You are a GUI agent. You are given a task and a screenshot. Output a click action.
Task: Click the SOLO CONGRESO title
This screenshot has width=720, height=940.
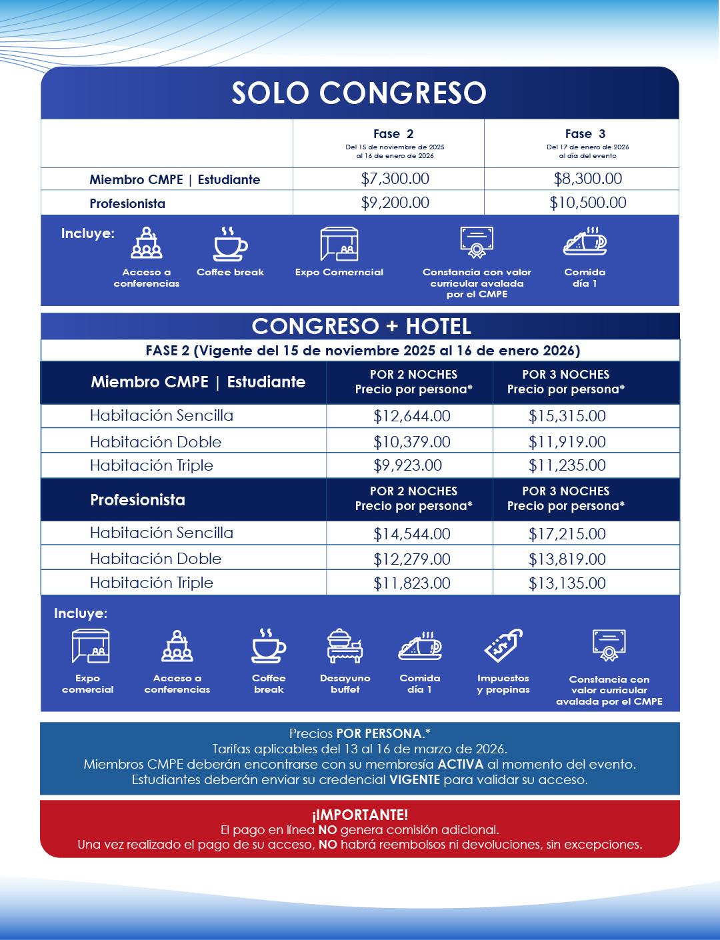pyautogui.click(x=359, y=93)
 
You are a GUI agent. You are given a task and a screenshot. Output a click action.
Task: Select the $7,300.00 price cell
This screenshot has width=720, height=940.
pyautogui.click(x=395, y=179)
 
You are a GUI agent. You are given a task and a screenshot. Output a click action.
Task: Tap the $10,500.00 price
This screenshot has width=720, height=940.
pyautogui.click(x=587, y=203)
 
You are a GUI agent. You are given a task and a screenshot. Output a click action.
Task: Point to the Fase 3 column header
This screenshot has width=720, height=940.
pyautogui.click(x=585, y=134)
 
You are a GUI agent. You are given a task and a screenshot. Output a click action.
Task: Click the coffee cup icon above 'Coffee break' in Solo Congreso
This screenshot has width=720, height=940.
pyautogui.click(x=230, y=244)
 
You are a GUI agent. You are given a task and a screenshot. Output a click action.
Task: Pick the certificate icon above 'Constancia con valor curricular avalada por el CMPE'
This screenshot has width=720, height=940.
pyautogui.click(x=477, y=242)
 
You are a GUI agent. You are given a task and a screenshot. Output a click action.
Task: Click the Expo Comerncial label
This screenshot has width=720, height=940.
pyautogui.click(x=339, y=272)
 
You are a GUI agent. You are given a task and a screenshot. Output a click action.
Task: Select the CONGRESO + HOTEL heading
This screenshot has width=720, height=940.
pyautogui.click(x=361, y=326)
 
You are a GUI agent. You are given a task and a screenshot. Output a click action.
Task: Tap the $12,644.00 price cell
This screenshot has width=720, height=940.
pyautogui.click(x=411, y=416)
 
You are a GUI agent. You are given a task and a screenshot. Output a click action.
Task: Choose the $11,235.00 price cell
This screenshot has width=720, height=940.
pyautogui.click(x=567, y=465)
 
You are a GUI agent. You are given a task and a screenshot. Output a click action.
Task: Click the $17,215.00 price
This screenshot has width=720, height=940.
pyautogui.click(x=567, y=533)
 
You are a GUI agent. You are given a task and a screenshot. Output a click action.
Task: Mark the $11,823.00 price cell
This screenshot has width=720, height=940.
pyautogui.click(x=411, y=583)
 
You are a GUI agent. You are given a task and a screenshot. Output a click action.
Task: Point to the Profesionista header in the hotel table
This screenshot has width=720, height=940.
pyautogui.click(x=138, y=500)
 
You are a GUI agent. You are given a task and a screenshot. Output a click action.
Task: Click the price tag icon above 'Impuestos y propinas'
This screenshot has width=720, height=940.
pyautogui.click(x=503, y=645)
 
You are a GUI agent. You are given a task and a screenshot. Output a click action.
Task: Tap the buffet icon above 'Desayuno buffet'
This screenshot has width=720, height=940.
pyautogui.click(x=345, y=646)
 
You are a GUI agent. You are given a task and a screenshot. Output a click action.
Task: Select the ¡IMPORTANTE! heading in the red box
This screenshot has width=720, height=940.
pyautogui.click(x=360, y=815)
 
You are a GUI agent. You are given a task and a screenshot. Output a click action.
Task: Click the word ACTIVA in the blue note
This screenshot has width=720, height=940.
pyautogui.click(x=460, y=764)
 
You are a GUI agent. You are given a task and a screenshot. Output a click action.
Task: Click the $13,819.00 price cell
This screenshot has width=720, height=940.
pyautogui.click(x=567, y=559)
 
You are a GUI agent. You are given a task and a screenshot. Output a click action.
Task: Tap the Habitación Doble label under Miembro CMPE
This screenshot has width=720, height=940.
pyautogui.click(x=155, y=442)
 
